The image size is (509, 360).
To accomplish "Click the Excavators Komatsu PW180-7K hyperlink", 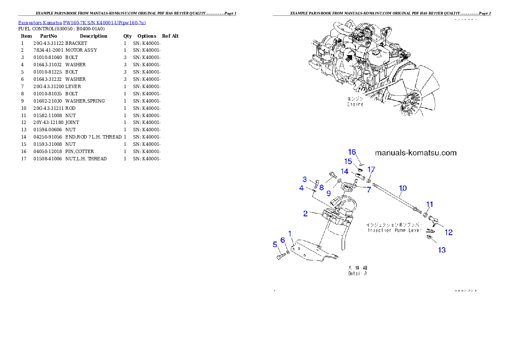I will [x=82, y=23].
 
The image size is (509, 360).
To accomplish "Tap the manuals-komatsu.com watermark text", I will [x=415, y=153].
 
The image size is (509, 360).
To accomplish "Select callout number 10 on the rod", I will [x=403, y=188].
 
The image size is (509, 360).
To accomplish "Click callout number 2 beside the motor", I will [x=305, y=213].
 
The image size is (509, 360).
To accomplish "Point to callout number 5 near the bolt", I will [x=275, y=245].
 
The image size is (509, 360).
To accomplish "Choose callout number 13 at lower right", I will [x=441, y=250].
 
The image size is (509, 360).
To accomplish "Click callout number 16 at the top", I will [x=352, y=152].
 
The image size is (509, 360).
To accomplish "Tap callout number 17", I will [x=371, y=169].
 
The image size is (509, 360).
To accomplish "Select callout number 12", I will [x=448, y=232].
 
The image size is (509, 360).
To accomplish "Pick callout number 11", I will [x=429, y=204].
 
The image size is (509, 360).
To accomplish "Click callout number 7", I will [x=368, y=189].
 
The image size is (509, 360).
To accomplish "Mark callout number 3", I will [x=305, y=179].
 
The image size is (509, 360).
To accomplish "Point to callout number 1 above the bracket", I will [x=290, y=233].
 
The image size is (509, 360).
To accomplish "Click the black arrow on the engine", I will [x=350, y=57].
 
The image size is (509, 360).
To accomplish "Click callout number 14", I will [x=345, y=171].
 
